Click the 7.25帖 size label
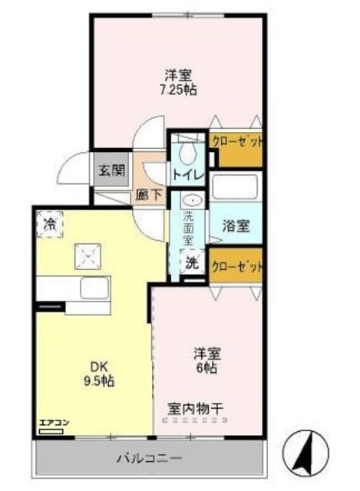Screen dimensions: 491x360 point(177,90)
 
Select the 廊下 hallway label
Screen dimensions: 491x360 point(149,194)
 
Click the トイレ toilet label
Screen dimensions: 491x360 point(187,175)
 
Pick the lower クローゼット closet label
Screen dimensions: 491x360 point(236,268)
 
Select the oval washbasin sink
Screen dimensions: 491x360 point(193,199)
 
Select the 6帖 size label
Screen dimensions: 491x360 point(207,370)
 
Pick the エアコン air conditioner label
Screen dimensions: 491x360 point(51,422)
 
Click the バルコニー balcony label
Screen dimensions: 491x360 point(150,459)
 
